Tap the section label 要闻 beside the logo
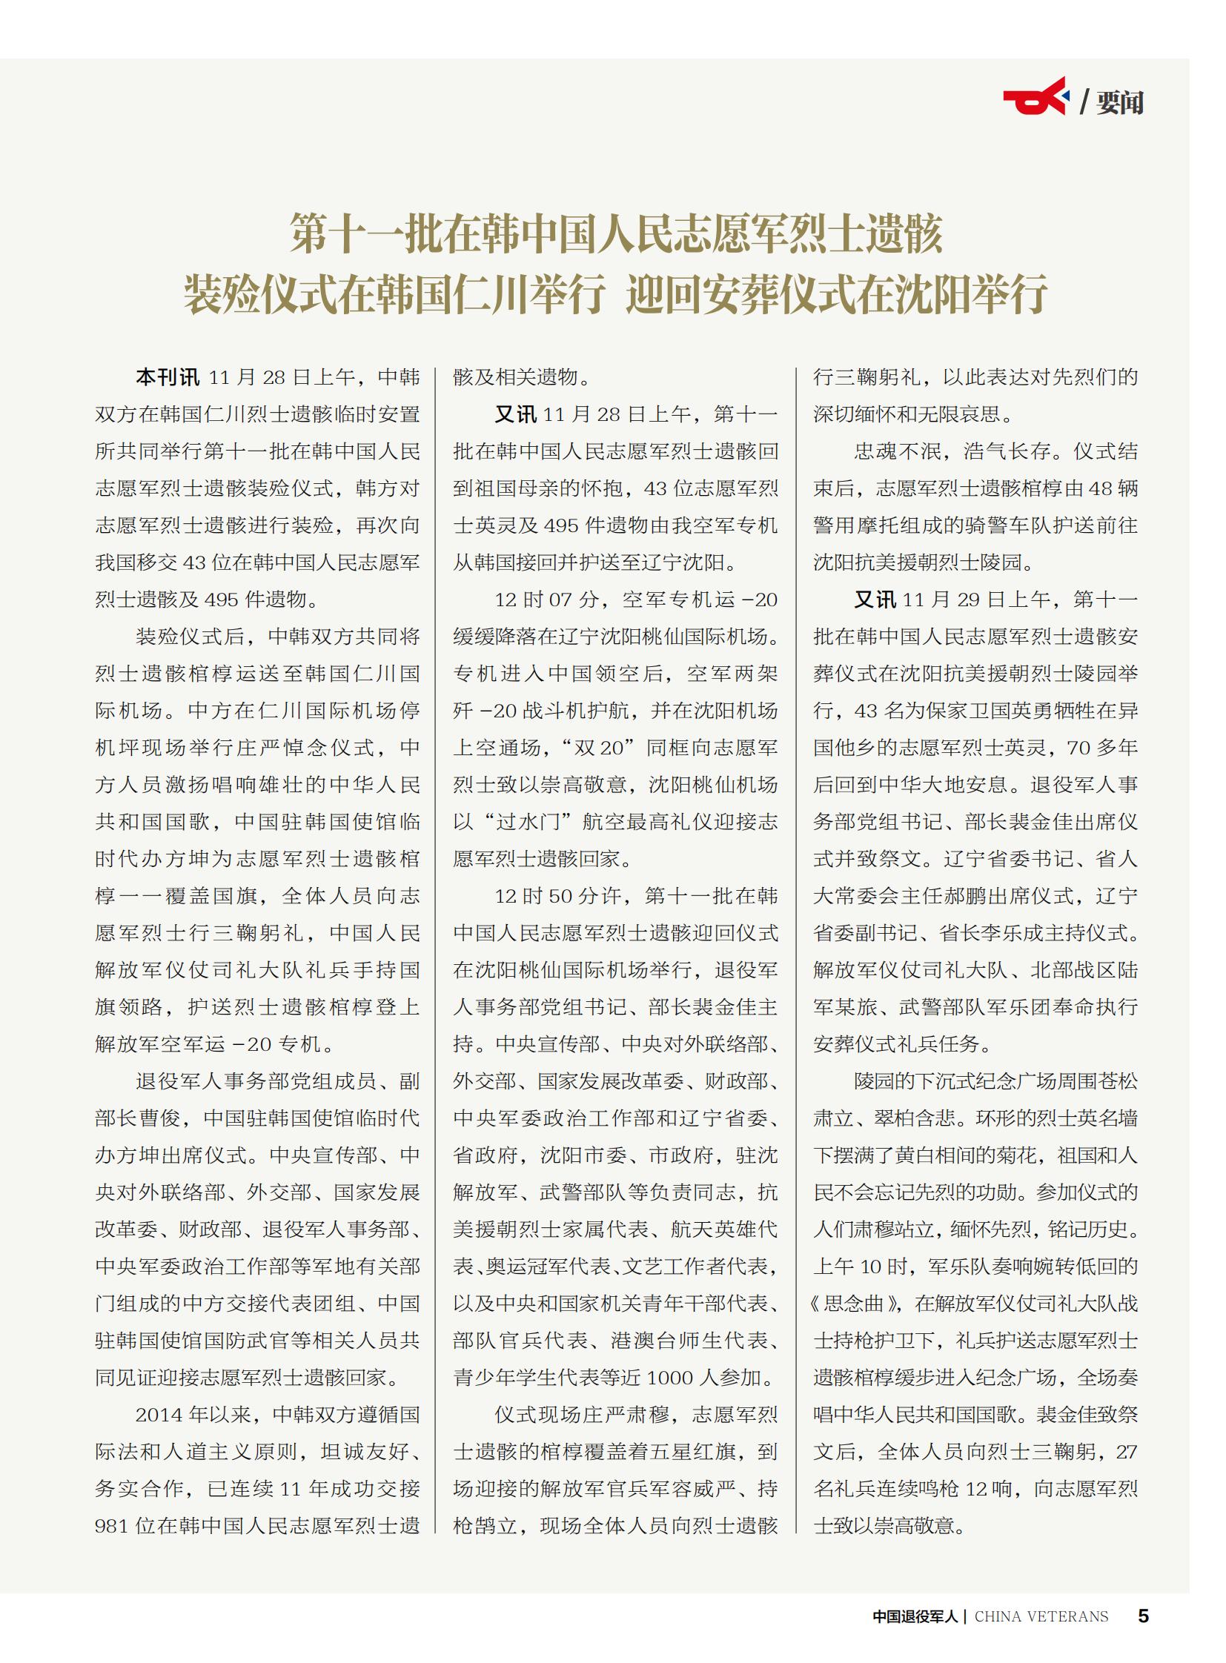point(1119,102)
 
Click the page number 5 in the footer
point(1143,1616)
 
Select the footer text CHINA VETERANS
point(1041,1616)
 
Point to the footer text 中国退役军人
point(915,1616)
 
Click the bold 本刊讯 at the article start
point(167,378)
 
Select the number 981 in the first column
point(112,1527)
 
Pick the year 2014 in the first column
point(158,1415)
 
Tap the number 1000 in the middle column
point(670,1378)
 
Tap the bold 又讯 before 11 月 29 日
point(875,600)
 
